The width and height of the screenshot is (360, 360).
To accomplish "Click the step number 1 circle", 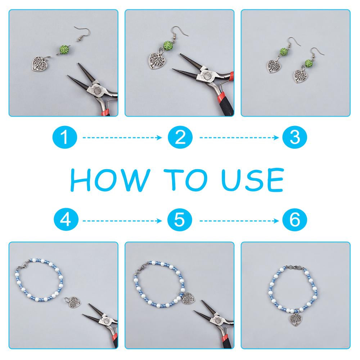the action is (65, 138).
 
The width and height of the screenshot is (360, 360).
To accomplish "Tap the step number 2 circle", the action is (180, 138).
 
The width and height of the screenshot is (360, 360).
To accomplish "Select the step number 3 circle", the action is (294, 138).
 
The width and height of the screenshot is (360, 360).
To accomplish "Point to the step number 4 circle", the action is (66, 221).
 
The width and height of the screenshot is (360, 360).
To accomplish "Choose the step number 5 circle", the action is (180, 221).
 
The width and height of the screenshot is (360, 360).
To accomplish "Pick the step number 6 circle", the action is (294, 221).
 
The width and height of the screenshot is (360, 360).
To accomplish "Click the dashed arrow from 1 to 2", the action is (122, 138).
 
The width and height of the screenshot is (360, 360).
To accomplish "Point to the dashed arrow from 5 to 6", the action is (239, 221).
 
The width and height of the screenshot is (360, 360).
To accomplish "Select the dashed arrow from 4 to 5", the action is (122, 221).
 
